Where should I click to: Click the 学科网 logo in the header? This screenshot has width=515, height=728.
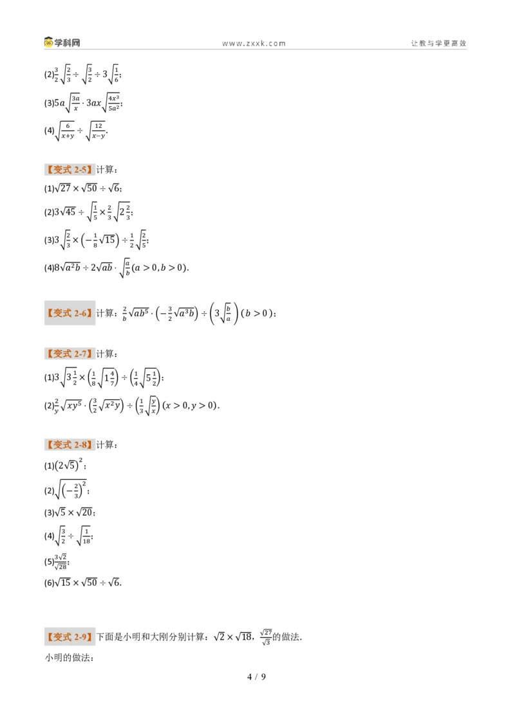(x=62, y=42)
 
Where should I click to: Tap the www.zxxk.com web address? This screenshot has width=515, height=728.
(x=254, y=44)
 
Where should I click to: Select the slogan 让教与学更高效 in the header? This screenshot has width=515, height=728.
(x=438, y=43)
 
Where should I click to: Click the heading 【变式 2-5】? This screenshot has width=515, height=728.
(x=70, y=170)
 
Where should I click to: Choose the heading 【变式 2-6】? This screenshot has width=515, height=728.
(x=70, y=313)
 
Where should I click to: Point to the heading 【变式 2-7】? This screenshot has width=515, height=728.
(x=70, y=354)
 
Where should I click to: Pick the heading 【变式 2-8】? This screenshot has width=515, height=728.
(x=70, y=445)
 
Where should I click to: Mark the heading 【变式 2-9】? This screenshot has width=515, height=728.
(x=70, y=637)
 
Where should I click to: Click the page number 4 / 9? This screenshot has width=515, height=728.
(x=257, y=677)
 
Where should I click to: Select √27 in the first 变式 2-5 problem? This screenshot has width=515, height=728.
(x=62, y=188)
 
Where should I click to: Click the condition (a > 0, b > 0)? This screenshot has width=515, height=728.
(x=160, y=268)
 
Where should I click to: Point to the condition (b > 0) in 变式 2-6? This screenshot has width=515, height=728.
(x=256, y=313)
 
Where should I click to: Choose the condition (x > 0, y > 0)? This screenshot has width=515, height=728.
(x=191, y=405)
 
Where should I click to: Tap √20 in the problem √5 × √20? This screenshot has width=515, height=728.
(x=85, y=513)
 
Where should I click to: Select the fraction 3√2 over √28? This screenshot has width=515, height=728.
(x=61, y=562)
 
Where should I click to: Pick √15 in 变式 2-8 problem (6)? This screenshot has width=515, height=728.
(x=62, y=582)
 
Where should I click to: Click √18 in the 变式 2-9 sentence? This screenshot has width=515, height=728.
(x=243, y=637)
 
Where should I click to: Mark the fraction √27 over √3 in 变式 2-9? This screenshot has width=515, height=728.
(x=267, y=637)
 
